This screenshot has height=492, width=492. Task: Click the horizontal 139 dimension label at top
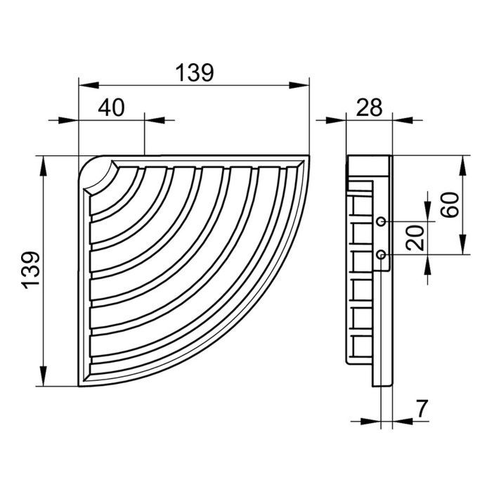[195, 72]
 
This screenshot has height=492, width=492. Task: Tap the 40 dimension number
[111, 108]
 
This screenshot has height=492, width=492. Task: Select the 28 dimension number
[370, 108]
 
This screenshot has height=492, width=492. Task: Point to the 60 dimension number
[449, 205]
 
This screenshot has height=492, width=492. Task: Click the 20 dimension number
[415, 238]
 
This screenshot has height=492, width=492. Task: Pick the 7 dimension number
[422, 409]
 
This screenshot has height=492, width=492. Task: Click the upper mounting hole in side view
[381, 221]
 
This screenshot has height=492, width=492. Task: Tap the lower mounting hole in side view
[381, 254]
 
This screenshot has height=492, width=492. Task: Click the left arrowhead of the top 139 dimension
[89, 85]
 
